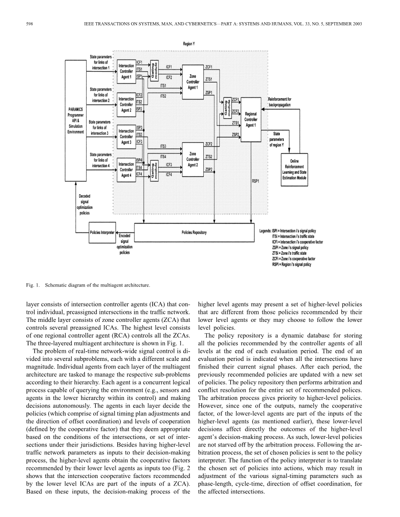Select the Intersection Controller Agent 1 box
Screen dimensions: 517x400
point(126,72)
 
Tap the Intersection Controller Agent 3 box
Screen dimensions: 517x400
point(126,136)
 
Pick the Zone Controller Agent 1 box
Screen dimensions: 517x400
point(193,82)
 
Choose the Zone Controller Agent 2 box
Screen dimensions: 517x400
point(193,159)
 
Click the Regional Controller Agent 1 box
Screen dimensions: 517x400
point(250,119)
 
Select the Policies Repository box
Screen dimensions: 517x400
point(194,232)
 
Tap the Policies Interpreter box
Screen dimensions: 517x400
point(102,232)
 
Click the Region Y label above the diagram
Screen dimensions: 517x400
point(189,44)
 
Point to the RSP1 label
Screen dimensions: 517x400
point(255,181)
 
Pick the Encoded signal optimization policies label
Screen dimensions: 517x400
point(125,244)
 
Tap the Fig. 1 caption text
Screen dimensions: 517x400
point(87,285)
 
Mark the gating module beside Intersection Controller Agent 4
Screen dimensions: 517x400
point(154,170)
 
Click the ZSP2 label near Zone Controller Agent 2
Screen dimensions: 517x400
point(209,170)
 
